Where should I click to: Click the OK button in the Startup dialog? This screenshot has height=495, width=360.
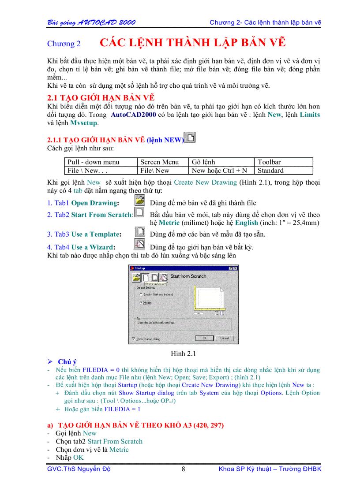[204, 338]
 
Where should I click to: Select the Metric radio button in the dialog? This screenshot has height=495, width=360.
[141, 303]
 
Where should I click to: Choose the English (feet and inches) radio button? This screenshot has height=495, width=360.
[141, 294]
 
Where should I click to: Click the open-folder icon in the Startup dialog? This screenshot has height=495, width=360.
[137, 277]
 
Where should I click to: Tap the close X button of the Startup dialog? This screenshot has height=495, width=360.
[236, 268]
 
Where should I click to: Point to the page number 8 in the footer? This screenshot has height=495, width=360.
[183, 469]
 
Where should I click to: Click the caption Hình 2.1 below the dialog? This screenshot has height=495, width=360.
[183, 353]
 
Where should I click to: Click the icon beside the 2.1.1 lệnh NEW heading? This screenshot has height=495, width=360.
[190, 138]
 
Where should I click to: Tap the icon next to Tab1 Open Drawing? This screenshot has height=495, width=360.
[139, 201]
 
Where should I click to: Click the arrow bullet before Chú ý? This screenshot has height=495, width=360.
[50, 362]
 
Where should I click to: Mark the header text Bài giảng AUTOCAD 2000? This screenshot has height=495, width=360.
[91, 22]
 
